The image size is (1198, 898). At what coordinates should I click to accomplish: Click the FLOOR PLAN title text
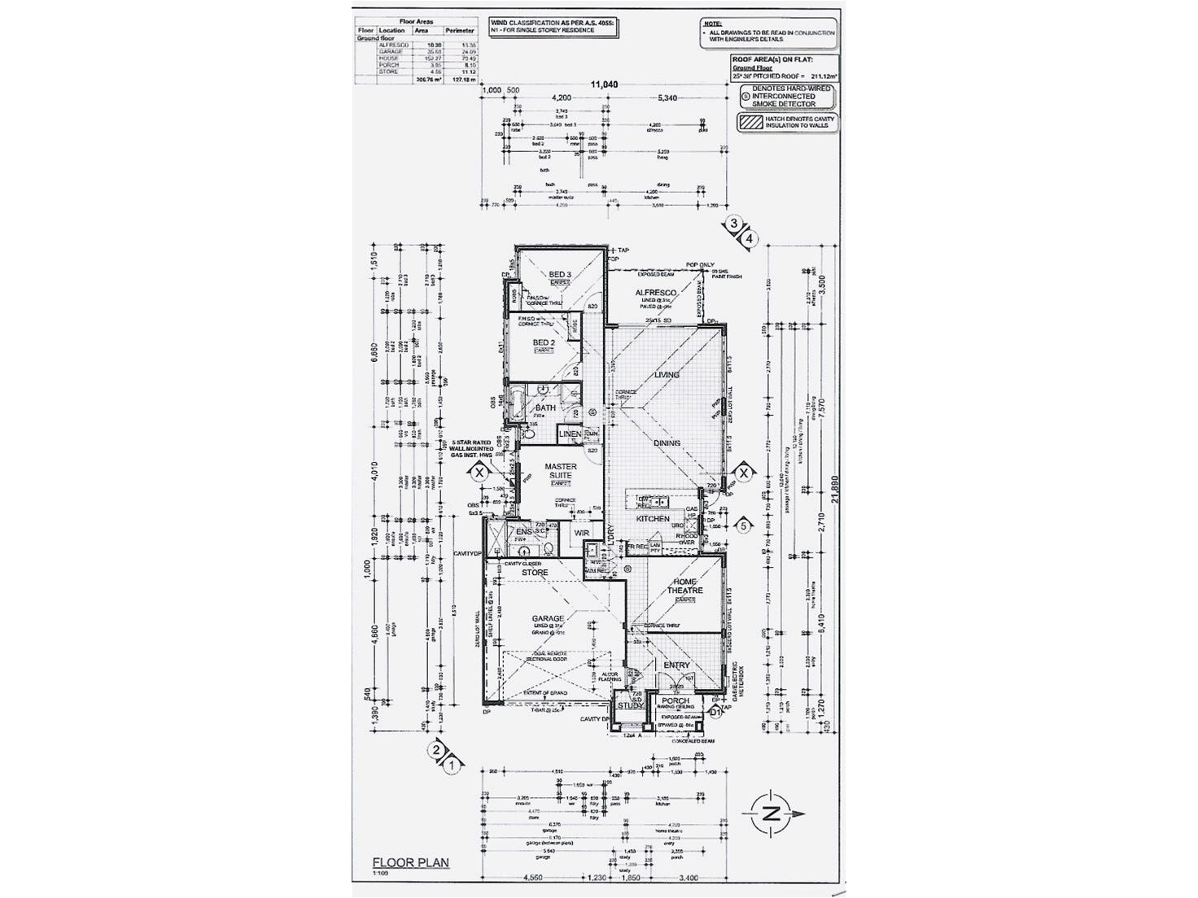coord(410,864)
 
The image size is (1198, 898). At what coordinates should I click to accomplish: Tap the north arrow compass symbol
coord(772,813)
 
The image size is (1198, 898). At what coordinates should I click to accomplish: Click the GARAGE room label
coord(547,619)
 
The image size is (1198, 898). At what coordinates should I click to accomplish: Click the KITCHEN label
coord(653,518)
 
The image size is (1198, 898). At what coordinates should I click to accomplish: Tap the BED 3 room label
coord(560,275)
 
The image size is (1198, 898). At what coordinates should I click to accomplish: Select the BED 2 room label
coord(544,342)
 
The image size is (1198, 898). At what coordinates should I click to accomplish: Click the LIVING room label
coord(667,375)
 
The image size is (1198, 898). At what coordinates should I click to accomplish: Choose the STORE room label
coord(535,573)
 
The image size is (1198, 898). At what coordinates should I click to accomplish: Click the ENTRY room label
coord(676,665)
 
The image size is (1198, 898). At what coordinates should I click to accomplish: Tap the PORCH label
coord(676,700)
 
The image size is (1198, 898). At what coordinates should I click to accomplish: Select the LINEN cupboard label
coord(570,434)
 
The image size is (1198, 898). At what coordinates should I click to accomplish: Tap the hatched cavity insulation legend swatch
coord(748,123)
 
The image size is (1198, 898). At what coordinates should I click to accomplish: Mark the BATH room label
coord(545,408)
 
